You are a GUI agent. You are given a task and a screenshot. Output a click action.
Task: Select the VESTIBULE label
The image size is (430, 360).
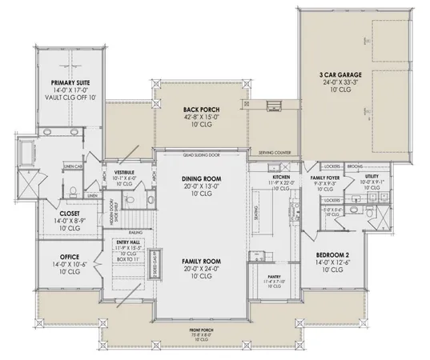[123, 172]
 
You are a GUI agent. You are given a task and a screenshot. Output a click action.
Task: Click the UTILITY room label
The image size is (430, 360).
[374, 176]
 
